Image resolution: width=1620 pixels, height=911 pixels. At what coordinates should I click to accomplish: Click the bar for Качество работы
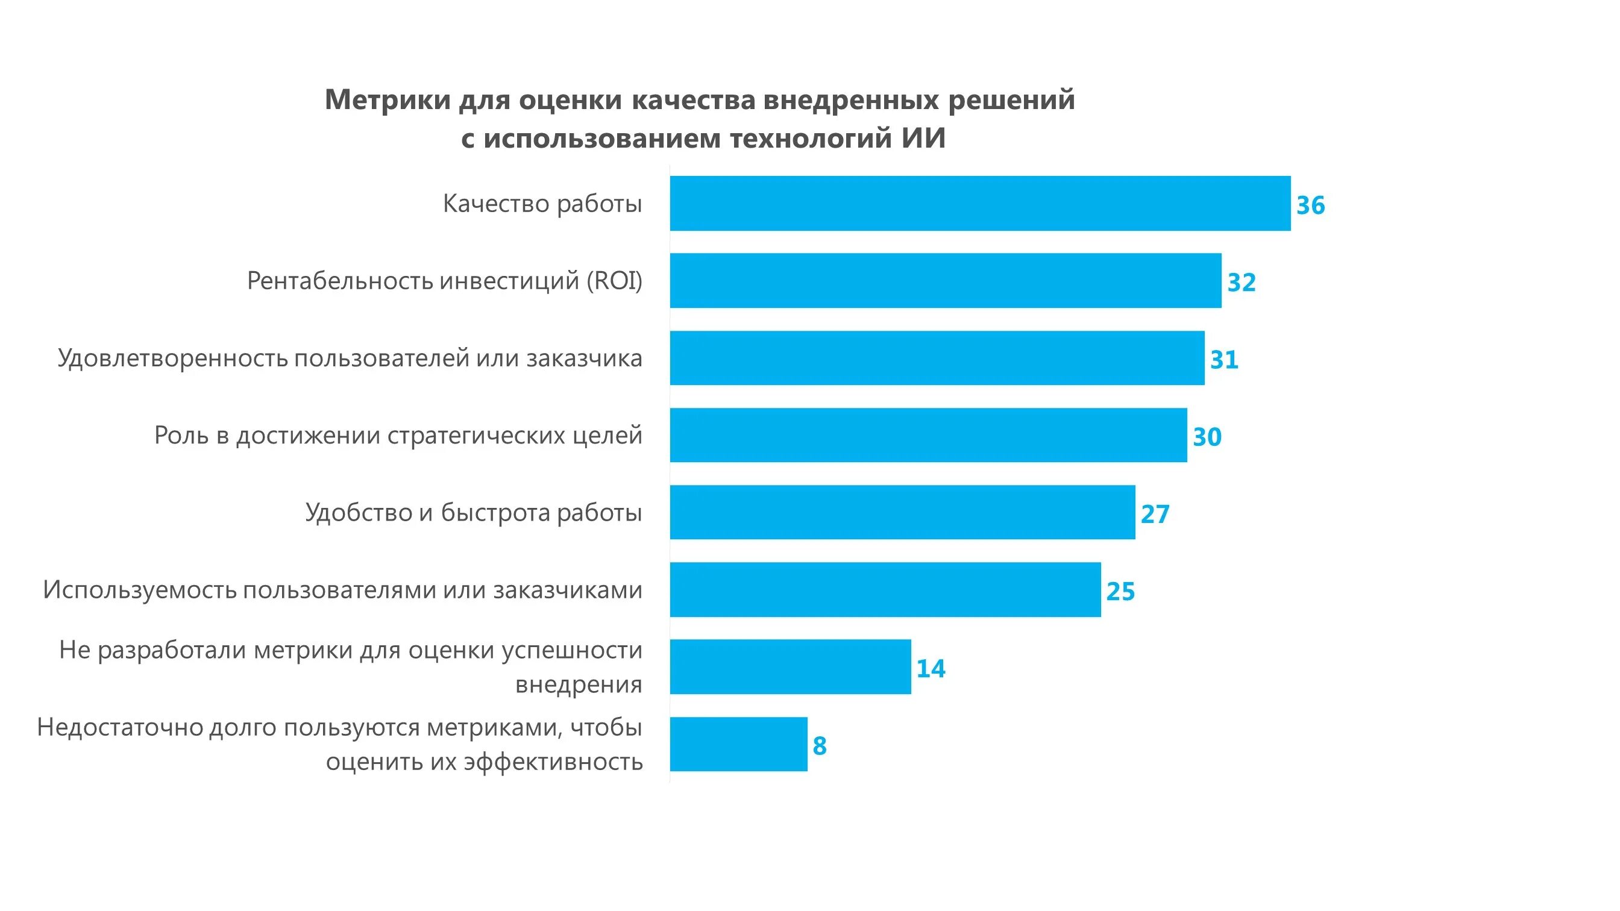pos(980,203)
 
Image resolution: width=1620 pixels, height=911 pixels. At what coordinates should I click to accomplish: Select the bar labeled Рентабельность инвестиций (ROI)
pos(945,280)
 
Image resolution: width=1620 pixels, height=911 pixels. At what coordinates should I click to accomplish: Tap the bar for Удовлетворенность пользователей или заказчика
pos(937,358)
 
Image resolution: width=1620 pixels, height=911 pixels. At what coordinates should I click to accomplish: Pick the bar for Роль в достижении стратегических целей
pos(928,435)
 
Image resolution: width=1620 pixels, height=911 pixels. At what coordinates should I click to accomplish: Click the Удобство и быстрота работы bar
pos(902,512)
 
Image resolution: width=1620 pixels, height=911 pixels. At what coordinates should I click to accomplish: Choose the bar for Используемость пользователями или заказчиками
pos(885,589)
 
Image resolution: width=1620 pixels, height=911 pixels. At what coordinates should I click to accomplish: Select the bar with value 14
pos(790,666)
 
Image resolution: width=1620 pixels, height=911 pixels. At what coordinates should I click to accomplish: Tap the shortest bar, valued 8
pos(738,744)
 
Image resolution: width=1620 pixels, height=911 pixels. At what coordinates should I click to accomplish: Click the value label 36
pos(1311,205)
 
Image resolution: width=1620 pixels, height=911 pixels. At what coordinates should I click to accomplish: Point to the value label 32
pos(1242,283)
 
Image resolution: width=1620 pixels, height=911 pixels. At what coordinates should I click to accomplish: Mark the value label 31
pos(1224,360)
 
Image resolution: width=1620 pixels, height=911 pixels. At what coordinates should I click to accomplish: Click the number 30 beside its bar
pos(1207,437)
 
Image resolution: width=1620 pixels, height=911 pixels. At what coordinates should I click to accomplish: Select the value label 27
pos(1155,515)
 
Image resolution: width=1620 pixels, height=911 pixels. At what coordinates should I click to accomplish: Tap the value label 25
pos(1120,592)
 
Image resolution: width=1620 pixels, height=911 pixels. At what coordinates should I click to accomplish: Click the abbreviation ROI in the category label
pos(613,281)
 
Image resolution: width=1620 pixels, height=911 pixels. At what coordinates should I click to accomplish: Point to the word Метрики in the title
pos(388,100)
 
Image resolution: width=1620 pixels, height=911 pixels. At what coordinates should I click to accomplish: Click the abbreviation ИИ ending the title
pos(923,139)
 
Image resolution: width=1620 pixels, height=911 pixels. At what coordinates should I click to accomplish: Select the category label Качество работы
pos(542,204)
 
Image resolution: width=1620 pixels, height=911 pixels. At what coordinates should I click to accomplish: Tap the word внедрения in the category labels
pos(579,684)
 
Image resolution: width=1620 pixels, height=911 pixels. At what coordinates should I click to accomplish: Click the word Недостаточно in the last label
pos(119,727)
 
